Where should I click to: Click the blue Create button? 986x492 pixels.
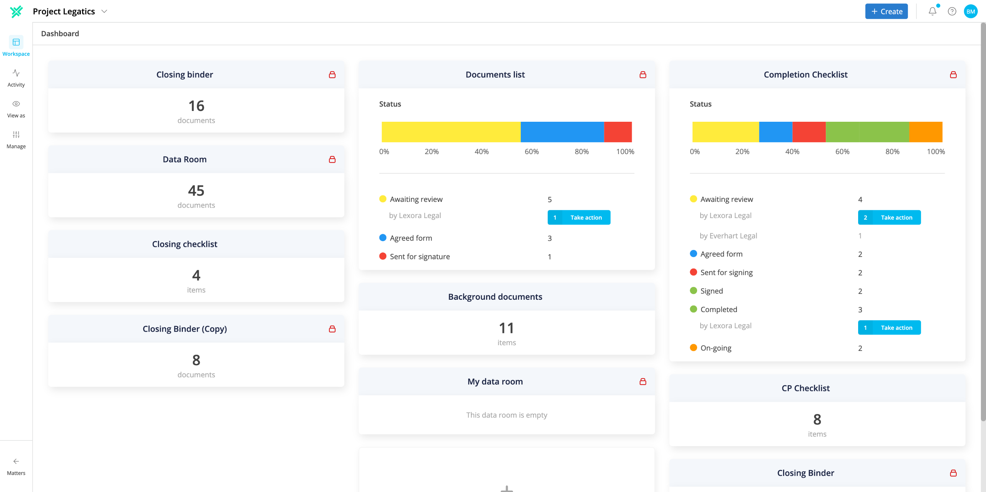pyautogui.click(x=886, y=12)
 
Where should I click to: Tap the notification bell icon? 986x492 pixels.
pyautogui.click(x=932, y=12)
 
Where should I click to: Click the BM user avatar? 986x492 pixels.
pyautogui.click(x=971, y=12)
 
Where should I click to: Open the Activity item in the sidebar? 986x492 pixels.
pyautogui.click(x=16, y=78)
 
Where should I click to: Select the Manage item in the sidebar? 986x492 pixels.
pyautogui.click(x=16, y=140)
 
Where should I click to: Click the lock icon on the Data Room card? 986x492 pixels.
pyautogui.click(x=332, y=160)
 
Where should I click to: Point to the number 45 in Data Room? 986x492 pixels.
pyautogui.click(x=196, y=191)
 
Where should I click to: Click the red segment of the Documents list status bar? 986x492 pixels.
pyautogui.click(x=618, y=132)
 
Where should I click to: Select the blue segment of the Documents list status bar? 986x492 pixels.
pyautogui.click(x=562, y=132)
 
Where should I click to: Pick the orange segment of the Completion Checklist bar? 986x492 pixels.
pyautogui.click(x=926, y=132)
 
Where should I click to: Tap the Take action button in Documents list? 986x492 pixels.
pyautogui.click(x=579, y=217)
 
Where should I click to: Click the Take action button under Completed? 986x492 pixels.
pyautogui.click(x=889, y=327)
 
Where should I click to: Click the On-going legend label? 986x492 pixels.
pyautogui.click(x=716, y=348)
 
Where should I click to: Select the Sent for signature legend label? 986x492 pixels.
pyautogui.click(x=420, y=257)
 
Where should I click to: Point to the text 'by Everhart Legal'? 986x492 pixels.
pyautogui.click(x=728, y=236)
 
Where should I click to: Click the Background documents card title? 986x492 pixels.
pyautogui.click(x=495, y=297)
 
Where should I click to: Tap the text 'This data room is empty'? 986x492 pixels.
pyautogui.click(x=506, y=415)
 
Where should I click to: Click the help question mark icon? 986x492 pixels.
pyautogui.click(x=952, y=12)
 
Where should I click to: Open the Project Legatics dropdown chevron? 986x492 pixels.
pyautogui.click(x=104, y=12)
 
